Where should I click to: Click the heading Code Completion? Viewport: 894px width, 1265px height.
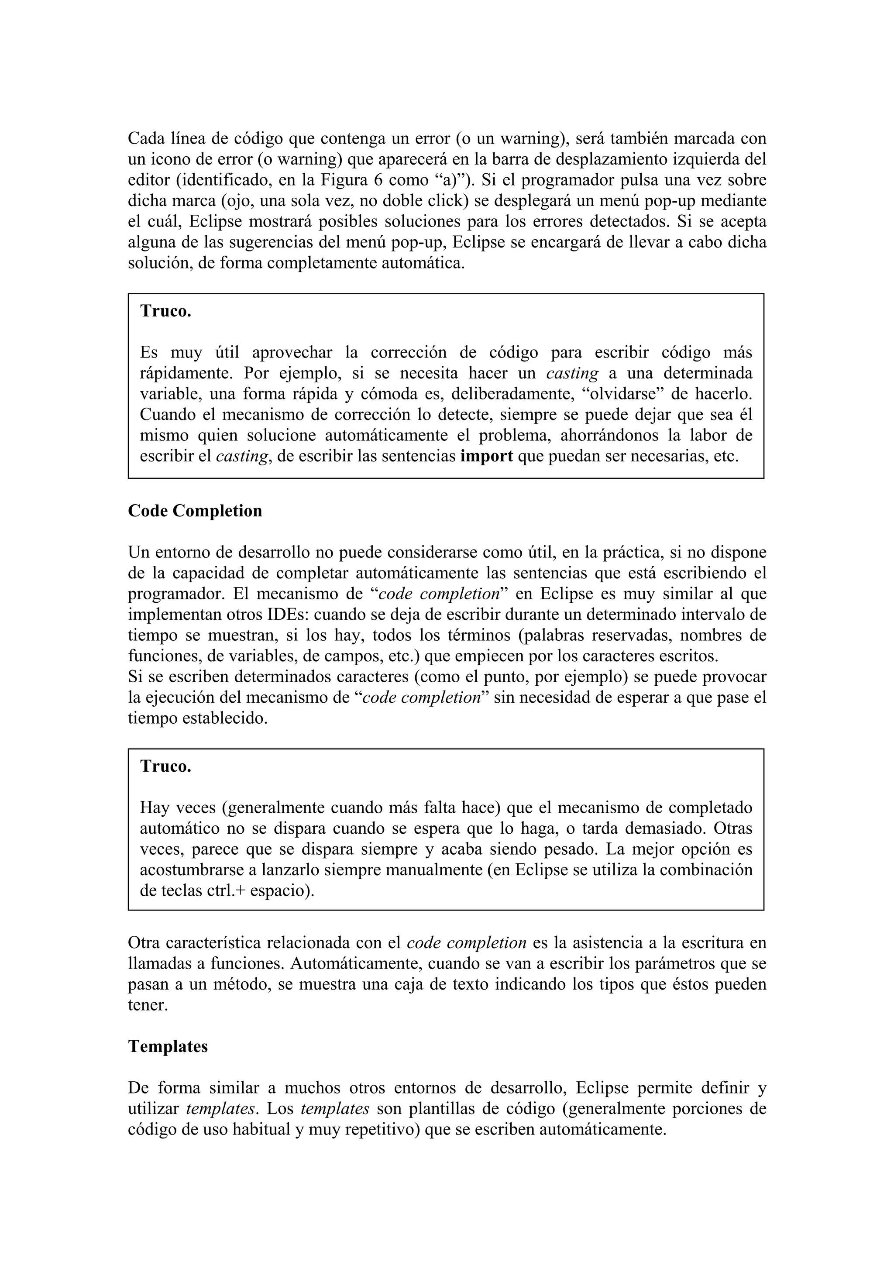coord(195,511)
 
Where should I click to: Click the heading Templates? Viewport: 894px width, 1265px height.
coord(168,1046)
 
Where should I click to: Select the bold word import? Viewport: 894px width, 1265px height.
coord(486,457)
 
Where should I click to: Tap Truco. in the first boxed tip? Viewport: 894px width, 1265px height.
coord(166,311)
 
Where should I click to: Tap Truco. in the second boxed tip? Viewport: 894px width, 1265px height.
coord(166,767)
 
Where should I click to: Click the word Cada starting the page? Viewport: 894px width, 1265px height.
coord(146,138)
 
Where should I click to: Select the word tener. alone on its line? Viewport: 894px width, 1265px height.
coord(148,1006)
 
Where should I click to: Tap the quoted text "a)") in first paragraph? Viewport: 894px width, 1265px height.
coord(450,180)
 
